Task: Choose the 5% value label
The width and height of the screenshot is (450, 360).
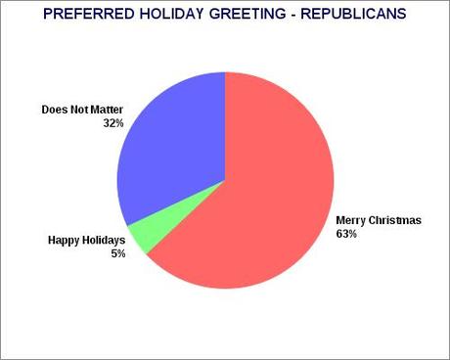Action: point(90,252)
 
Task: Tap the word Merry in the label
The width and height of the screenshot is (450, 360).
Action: point(350,221)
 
